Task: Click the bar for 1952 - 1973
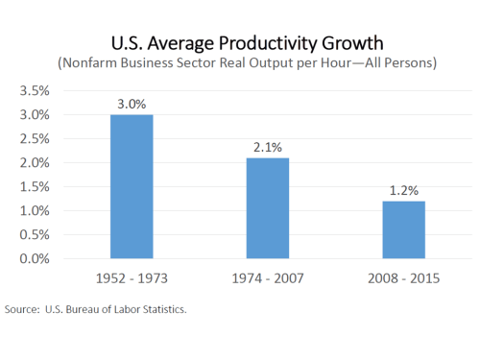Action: point(131,186)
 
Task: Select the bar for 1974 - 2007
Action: point(267,208)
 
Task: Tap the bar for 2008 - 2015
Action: point(403,229)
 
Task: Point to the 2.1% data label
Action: point(267,147)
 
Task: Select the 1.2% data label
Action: point(403,190)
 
